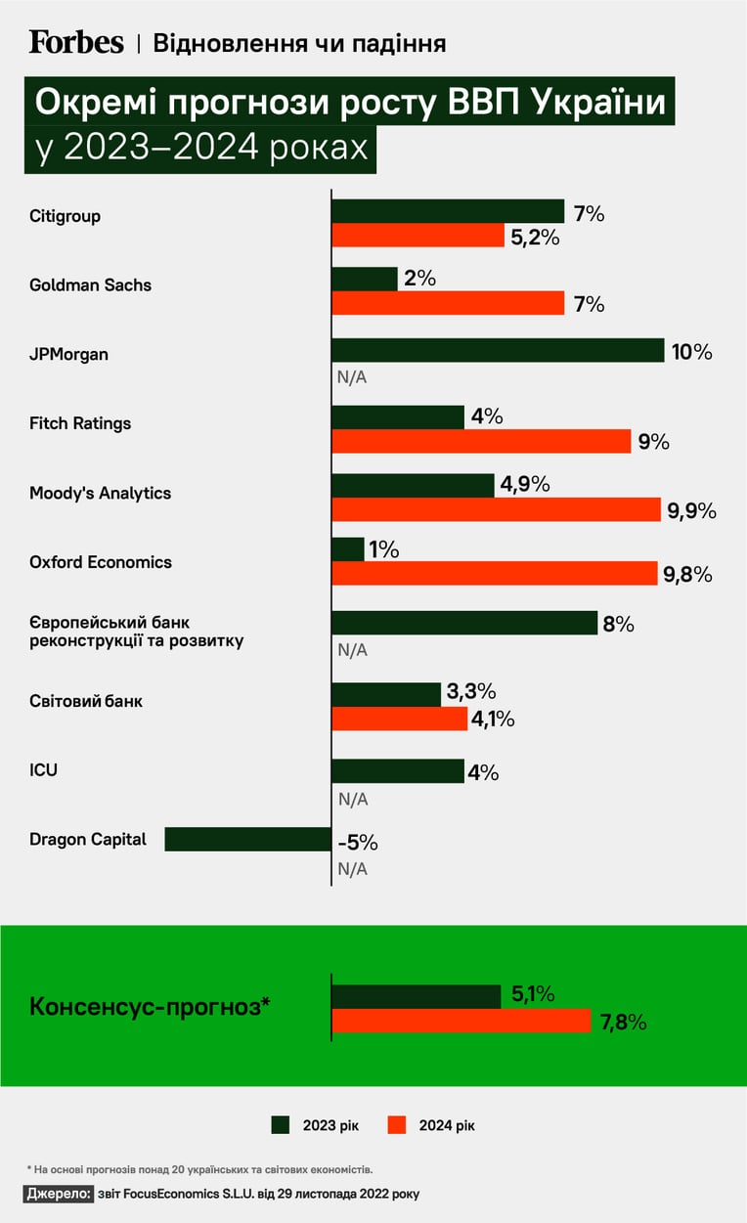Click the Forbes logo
pyautogui.click(x=76, y=43)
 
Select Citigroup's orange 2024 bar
pyautogui.click(x=417, y=236)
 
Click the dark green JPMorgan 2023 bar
pyautogui.click(x=498, y=350)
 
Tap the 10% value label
pyautogui.click(x=692, y=352)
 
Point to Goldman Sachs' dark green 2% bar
pyautogui.click(x=365, y=279)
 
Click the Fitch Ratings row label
pyautogui.click(x=80, y=423)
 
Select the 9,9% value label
pyautogui.click(x=692, y=511)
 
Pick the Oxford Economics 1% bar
pyautogui.click(x=348, y=549)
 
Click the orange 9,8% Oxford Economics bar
pyautogui.click(x=495, y=573)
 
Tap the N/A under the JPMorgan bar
pyautogui.click(x=352, y=377)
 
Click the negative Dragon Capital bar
pyautogui.click(x=248, y=839)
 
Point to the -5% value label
pyautogui.click(x=358, y=843)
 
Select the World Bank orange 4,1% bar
pyautogui.click(x=400, y=719)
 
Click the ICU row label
pyautogui.click(x=43, y=769)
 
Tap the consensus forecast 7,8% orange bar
pyautogui.click(x=461, y=1021)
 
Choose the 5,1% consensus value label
pyautogui.click(x=533, y=994)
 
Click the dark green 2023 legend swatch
pyautogui.click(x=280, y=1124)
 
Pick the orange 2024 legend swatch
pyautogui.click(x=396, y=1124)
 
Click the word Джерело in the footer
pyautogui.click(x=59, y=1194)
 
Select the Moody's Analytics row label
pyautogui.click(x=101, y=493)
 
